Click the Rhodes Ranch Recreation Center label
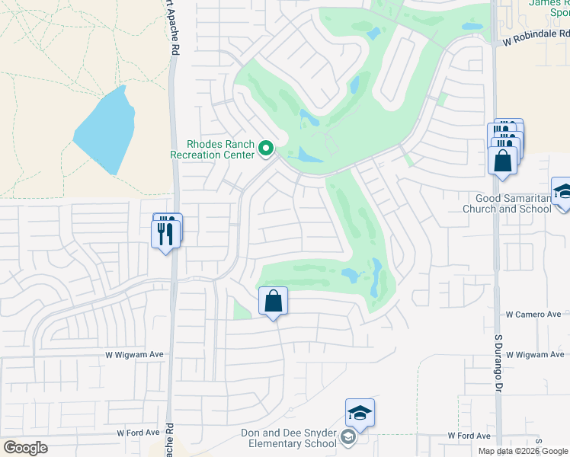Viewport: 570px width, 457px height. [x=220, y=149]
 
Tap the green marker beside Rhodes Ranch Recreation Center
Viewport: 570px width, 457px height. [x=266, y=149]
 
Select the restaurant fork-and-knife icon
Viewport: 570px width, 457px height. [x=168, y=233]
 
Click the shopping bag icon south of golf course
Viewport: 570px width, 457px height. [x=273, y=302]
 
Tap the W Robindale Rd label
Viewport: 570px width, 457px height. [x=536, y=34]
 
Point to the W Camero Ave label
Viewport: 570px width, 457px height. [x=533, y=315]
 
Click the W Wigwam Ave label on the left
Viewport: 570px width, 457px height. [x=136, y=354]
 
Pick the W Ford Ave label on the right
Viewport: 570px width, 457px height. [x=469, y=436]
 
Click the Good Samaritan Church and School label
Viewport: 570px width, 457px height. [x=508, y=203]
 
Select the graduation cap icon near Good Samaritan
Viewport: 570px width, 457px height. [x=563, y=191]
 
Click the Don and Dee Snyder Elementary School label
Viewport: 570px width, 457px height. [x=289, y=438]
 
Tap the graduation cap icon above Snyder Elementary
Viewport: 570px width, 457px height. [x=360, y=413]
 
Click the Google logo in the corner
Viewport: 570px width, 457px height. [x=25, y=448]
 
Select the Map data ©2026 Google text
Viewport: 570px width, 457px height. [x=523, y=451]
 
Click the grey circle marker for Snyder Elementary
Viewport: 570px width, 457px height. [x=348, y=436]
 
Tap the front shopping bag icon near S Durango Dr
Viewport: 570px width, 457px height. [x=502, y=161]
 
